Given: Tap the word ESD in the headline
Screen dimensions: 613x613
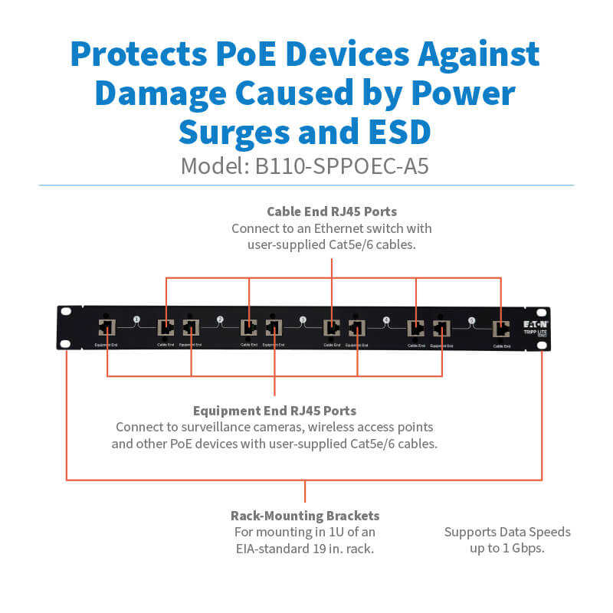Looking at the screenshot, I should pos(396,131).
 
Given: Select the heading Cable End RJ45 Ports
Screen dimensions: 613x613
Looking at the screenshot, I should pos(331,211).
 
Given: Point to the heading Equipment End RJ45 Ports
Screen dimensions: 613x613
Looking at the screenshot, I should pos(274,411).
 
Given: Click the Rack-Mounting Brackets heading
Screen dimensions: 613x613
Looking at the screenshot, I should pos(305,516).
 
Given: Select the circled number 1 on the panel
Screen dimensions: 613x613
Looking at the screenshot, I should pos(136,320).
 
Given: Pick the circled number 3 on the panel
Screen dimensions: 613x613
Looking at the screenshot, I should pos(303,320).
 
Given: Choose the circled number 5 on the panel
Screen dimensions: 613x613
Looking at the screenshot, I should pos(471,320).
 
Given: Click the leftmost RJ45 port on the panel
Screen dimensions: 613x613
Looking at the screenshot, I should pos(106,329).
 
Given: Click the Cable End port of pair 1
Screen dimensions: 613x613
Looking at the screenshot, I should pos(166,329).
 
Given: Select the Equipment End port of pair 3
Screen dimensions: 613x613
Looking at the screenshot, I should pos(274,329).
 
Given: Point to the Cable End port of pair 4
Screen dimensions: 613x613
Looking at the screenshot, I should pos(416,329).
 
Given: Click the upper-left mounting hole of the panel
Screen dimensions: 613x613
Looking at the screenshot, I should pos(66,313).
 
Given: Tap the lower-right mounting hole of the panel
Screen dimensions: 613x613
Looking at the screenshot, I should pos(542,346).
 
